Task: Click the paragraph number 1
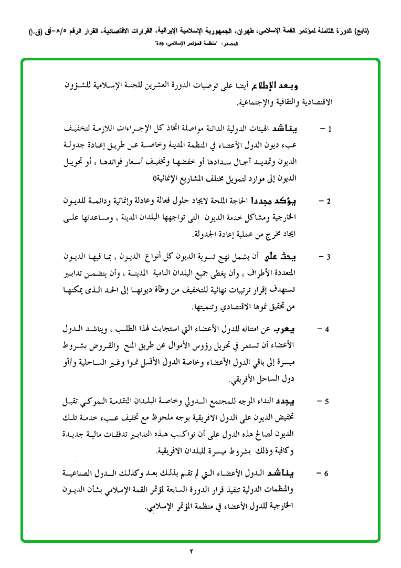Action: [x=329, y=129]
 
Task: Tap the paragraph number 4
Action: [x=328, y=330]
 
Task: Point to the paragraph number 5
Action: [x=328, y=402]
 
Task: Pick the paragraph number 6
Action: [x=328, y=475]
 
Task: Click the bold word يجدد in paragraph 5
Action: [x=303, y=402]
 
